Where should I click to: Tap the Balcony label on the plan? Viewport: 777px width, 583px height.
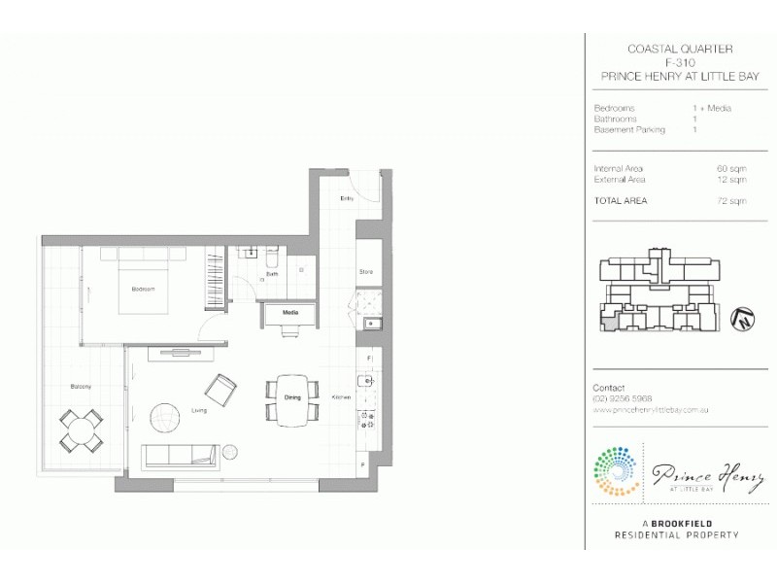(81, 387)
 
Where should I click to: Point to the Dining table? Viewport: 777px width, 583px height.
(292, 398)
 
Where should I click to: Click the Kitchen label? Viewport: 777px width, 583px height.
(341, 397)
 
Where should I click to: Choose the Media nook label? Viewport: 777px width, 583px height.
(289, 313)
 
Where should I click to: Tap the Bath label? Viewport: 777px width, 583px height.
(273, 275)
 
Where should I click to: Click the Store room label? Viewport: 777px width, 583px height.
(366, 272)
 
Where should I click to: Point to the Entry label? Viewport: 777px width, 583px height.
(346, 198)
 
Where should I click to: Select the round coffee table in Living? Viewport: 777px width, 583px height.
(165, 418)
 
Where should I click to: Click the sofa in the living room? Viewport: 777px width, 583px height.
(179, 455)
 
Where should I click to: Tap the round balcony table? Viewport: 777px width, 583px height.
(82, 428)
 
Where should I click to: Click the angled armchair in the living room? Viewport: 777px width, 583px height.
(220, 390)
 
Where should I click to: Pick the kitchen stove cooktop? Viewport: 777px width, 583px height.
(368, 420)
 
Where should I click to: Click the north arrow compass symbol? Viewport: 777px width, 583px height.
(742, 316)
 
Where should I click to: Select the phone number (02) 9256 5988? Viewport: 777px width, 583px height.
(622, 398)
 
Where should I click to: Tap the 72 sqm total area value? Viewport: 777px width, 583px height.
(731, 201)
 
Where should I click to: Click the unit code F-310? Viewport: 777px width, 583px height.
(679, 62)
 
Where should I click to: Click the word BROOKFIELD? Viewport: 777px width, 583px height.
(683, 523)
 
